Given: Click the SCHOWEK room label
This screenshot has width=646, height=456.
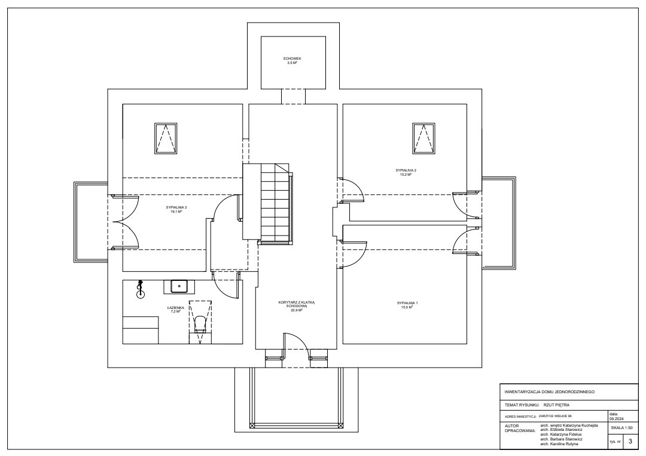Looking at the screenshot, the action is click(x=292, y=59).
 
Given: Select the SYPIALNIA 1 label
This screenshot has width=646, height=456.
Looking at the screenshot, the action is click(x=407, y=304).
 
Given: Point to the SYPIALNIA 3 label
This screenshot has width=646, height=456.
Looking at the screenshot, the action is click(x=176, y=207).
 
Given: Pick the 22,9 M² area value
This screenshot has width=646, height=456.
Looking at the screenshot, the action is click(x=297, y=310).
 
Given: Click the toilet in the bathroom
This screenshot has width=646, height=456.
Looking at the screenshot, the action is click(x=200, y=325).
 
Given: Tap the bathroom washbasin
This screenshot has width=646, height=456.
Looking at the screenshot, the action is click(x=179, y=286).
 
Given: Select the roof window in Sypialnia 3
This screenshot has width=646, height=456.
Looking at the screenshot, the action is click(x=166, y=138).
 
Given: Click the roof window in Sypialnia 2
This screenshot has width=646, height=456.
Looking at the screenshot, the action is click(x=423, y=138).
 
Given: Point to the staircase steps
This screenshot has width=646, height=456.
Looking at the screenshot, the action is click(x=275, y=203).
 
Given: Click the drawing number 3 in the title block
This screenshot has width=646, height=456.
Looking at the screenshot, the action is click(x=630, y=441).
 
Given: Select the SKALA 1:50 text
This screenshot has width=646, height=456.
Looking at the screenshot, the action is click(x=622, y=427).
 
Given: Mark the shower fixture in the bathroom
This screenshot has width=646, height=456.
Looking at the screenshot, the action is click(x=141, y=289).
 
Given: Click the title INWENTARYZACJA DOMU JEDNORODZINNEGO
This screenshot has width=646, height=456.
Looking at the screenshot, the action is click(x=549, y=392).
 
